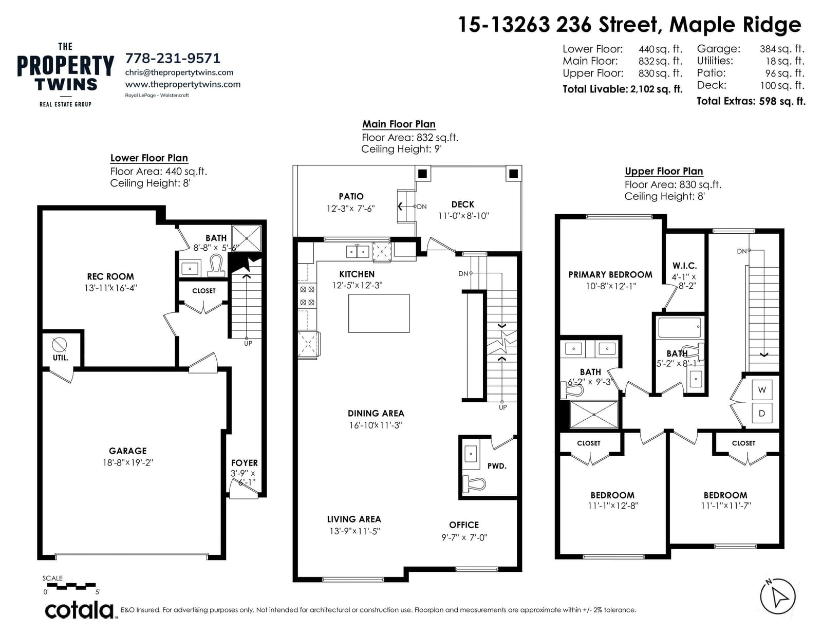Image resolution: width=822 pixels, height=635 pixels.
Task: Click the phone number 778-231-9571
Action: click(173, 58)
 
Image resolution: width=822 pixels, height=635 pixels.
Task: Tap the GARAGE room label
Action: click(128, 451)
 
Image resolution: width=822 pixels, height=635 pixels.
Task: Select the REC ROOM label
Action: click(110, 276)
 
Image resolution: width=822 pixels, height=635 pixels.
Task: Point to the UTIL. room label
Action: click(61, 358)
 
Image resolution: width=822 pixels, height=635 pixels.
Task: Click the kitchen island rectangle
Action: click(379, 313)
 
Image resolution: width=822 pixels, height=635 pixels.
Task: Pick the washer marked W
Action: click(762, 390)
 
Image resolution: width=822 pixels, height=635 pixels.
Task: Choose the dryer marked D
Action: click(762, 414)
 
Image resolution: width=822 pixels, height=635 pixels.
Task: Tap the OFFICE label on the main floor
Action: click(464, 525)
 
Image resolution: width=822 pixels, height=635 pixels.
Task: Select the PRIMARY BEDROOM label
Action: click(610, 274)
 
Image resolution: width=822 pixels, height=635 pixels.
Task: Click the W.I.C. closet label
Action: click(684, 266)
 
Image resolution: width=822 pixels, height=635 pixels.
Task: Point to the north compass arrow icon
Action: click(777, 596)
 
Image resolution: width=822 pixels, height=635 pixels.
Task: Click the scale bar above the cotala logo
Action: click(71, 587)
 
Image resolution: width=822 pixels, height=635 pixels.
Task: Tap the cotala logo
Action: click(80, 610)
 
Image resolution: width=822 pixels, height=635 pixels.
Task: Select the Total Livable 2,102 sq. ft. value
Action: click(656, 89)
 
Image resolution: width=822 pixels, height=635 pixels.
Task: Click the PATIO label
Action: click(351, 196)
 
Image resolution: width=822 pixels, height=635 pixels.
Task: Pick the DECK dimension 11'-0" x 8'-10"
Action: click(463, 216)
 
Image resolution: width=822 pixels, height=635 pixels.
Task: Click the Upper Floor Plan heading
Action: click(664, 171)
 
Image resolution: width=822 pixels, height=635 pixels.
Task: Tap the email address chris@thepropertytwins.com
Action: click(179, 72)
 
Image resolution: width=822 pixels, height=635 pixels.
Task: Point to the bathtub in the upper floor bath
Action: click(680, 328)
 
